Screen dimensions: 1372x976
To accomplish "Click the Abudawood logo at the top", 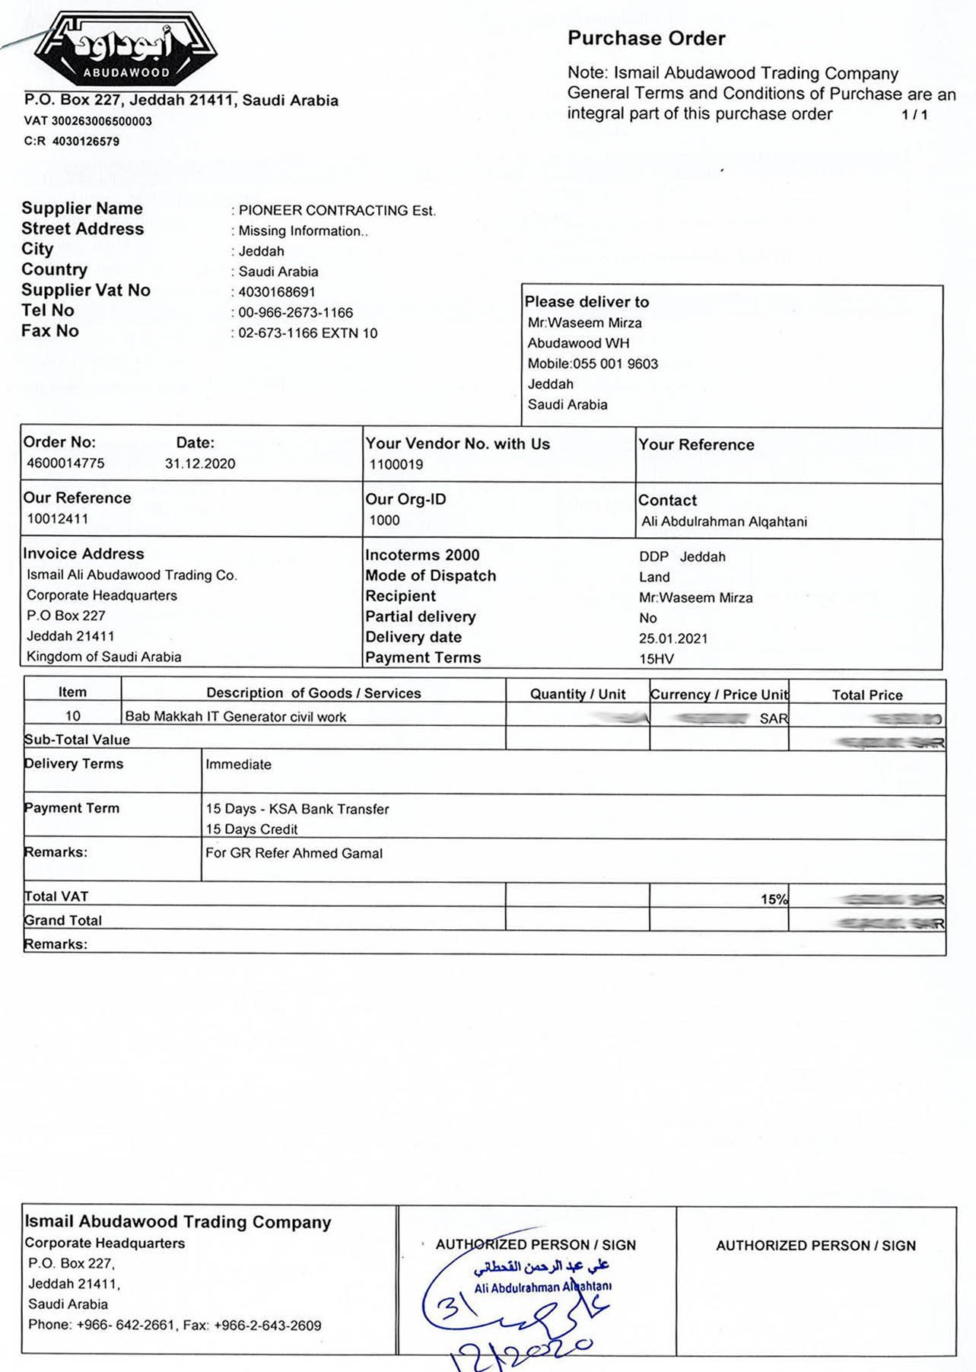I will point(126,49).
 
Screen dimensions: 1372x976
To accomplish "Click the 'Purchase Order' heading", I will point(646,38).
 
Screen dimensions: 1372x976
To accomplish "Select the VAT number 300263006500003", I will point(101,121).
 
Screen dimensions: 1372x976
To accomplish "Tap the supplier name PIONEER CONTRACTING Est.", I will point(337,211).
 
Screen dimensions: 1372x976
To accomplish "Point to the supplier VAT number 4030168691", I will point(277,292).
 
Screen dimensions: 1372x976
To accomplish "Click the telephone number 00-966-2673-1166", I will point(295,313).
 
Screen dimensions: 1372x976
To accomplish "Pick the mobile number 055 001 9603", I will point(615,364).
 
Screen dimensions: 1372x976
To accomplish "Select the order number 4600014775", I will point(65,463).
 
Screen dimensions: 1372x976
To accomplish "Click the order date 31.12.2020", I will point(200,463).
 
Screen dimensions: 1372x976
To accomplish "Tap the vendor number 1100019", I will point(396,464).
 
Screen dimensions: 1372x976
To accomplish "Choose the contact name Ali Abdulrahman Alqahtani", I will point(724,522).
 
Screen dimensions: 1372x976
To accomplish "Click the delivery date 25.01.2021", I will point(673,638).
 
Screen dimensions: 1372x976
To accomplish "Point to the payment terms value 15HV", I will point(656,659).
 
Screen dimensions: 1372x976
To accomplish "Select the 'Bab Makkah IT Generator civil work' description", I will point(235,717).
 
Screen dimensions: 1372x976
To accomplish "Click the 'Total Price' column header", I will point(866,695).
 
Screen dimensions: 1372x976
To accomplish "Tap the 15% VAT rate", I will point(774,899).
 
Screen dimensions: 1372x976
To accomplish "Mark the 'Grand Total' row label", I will point(63,920).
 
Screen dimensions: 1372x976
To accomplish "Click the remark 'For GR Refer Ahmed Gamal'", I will point(294,853).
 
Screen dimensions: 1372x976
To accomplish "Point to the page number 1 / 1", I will point(914,115).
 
